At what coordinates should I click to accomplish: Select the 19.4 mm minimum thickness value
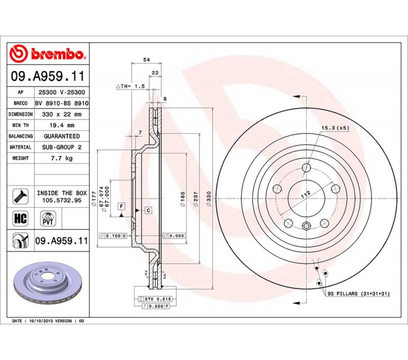pos(62,125)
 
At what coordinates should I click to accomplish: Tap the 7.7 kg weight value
pos(62,158)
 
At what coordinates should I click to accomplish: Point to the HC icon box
pos(20,218)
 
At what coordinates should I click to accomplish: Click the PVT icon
pos(48,218)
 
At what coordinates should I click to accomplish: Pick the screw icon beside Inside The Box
pos(20,196)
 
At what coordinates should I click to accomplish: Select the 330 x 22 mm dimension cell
pos(62,114)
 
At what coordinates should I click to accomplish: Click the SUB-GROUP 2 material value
pos(62,147)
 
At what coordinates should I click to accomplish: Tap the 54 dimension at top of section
pos(146,60)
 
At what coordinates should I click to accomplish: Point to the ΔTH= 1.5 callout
pos(130,86)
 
